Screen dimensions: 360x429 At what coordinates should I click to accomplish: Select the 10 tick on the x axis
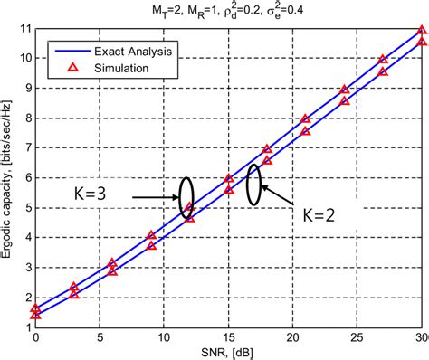165,337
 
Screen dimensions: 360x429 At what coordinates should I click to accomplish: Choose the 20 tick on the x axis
293,337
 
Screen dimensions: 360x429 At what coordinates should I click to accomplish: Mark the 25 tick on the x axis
358,337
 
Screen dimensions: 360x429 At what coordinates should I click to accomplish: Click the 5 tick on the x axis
100,337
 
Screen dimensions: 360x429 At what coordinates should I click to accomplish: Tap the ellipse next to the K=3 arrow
186,193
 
